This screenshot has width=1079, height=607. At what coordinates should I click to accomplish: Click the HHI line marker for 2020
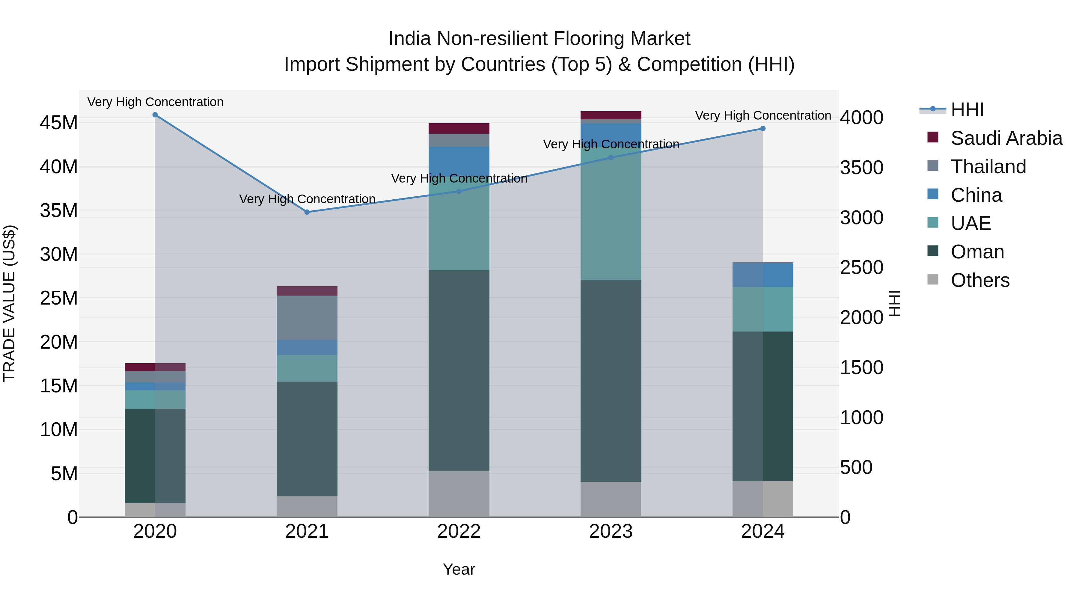coord(155,115)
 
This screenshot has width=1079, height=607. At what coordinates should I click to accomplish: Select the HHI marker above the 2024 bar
coord(763,129)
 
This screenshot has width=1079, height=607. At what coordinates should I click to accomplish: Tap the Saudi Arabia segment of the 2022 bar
coord(459,129)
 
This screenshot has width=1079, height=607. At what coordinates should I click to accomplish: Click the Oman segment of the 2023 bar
coord(611,380)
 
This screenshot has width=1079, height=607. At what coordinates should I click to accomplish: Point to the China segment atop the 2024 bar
coord(763,274)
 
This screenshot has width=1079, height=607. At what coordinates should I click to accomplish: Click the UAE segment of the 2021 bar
coord(307,368)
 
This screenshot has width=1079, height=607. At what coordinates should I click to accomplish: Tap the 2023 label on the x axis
coord(611,531)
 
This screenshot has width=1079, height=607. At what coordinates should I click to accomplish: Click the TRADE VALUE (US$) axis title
coord(10,303)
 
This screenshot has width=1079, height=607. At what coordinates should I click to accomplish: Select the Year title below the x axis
coord(459,569)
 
